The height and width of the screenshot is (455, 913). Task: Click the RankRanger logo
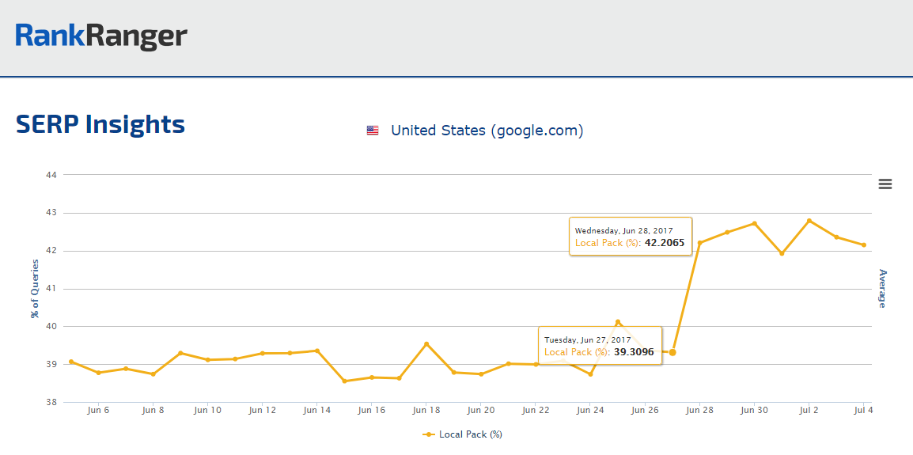[x=101, y=36]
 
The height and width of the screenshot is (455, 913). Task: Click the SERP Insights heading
[x=100, y=124]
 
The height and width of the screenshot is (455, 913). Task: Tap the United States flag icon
[x=373, y=131]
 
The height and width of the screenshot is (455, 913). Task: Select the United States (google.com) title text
[x=487, y=131]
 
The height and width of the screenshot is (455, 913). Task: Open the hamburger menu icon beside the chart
[x=885, y=184]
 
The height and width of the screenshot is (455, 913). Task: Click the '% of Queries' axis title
[x=35, y=288]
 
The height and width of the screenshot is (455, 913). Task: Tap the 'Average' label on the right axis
[x=883, y=288]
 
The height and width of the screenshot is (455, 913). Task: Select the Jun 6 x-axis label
[x=98, y=411]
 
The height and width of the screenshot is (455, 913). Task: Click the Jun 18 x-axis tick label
[x=426, y=411]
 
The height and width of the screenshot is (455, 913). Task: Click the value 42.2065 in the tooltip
[x=663, y=243]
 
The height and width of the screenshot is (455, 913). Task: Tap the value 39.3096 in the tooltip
[x=634, y=352]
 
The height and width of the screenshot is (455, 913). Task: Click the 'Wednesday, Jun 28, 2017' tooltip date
[x=623, y=230]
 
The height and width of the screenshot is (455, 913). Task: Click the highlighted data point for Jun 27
[x=672, y=352]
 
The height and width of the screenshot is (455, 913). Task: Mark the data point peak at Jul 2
[x=809, y=221]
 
